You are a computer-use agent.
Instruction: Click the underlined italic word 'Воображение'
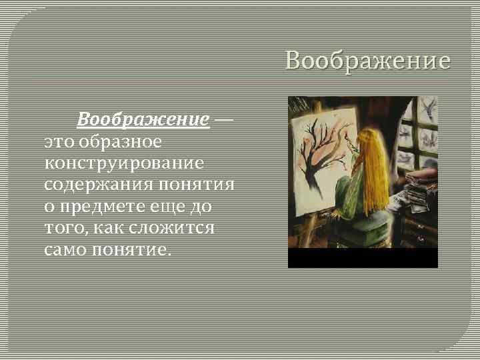click(x=143, y=120)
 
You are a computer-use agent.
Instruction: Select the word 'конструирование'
click(x=125, y=162)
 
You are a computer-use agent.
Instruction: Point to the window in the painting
click(x=417, y=133)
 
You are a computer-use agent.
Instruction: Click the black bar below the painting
click(x=363, y=258)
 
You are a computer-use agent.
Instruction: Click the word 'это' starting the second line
click(x=59, y=141)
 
